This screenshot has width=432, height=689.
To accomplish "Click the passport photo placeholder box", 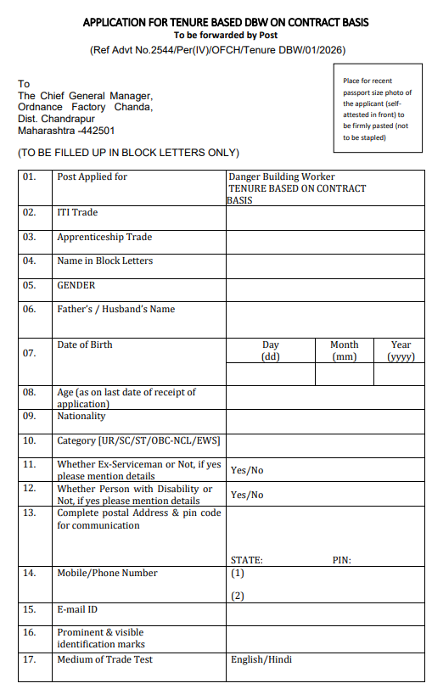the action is pos(378,109).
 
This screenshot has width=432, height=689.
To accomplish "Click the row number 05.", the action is pos(30,286).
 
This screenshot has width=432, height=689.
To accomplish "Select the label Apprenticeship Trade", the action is pos(104,238).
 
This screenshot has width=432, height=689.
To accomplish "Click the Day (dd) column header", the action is pos(271,350).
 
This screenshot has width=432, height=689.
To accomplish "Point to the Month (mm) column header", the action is pos(344,350).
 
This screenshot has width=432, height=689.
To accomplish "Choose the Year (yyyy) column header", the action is pos(401,350).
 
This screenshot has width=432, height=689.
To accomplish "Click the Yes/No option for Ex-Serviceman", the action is pos(247,470).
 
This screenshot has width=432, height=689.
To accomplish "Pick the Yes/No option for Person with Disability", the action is pos(247,495).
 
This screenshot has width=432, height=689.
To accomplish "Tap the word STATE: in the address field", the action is pos(246,560).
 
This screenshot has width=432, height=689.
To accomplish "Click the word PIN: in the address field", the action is pos(341,560).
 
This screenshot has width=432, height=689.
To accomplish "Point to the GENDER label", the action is pos(76,286).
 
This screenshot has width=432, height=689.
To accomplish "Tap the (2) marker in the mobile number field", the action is pos(238,596).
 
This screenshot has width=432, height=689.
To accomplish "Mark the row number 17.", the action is pos(30,659).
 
